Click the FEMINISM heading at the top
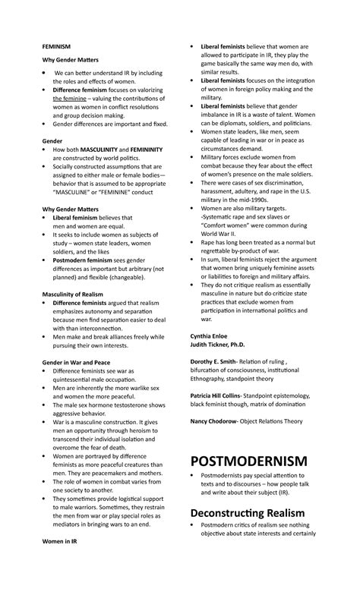[57, 46]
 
